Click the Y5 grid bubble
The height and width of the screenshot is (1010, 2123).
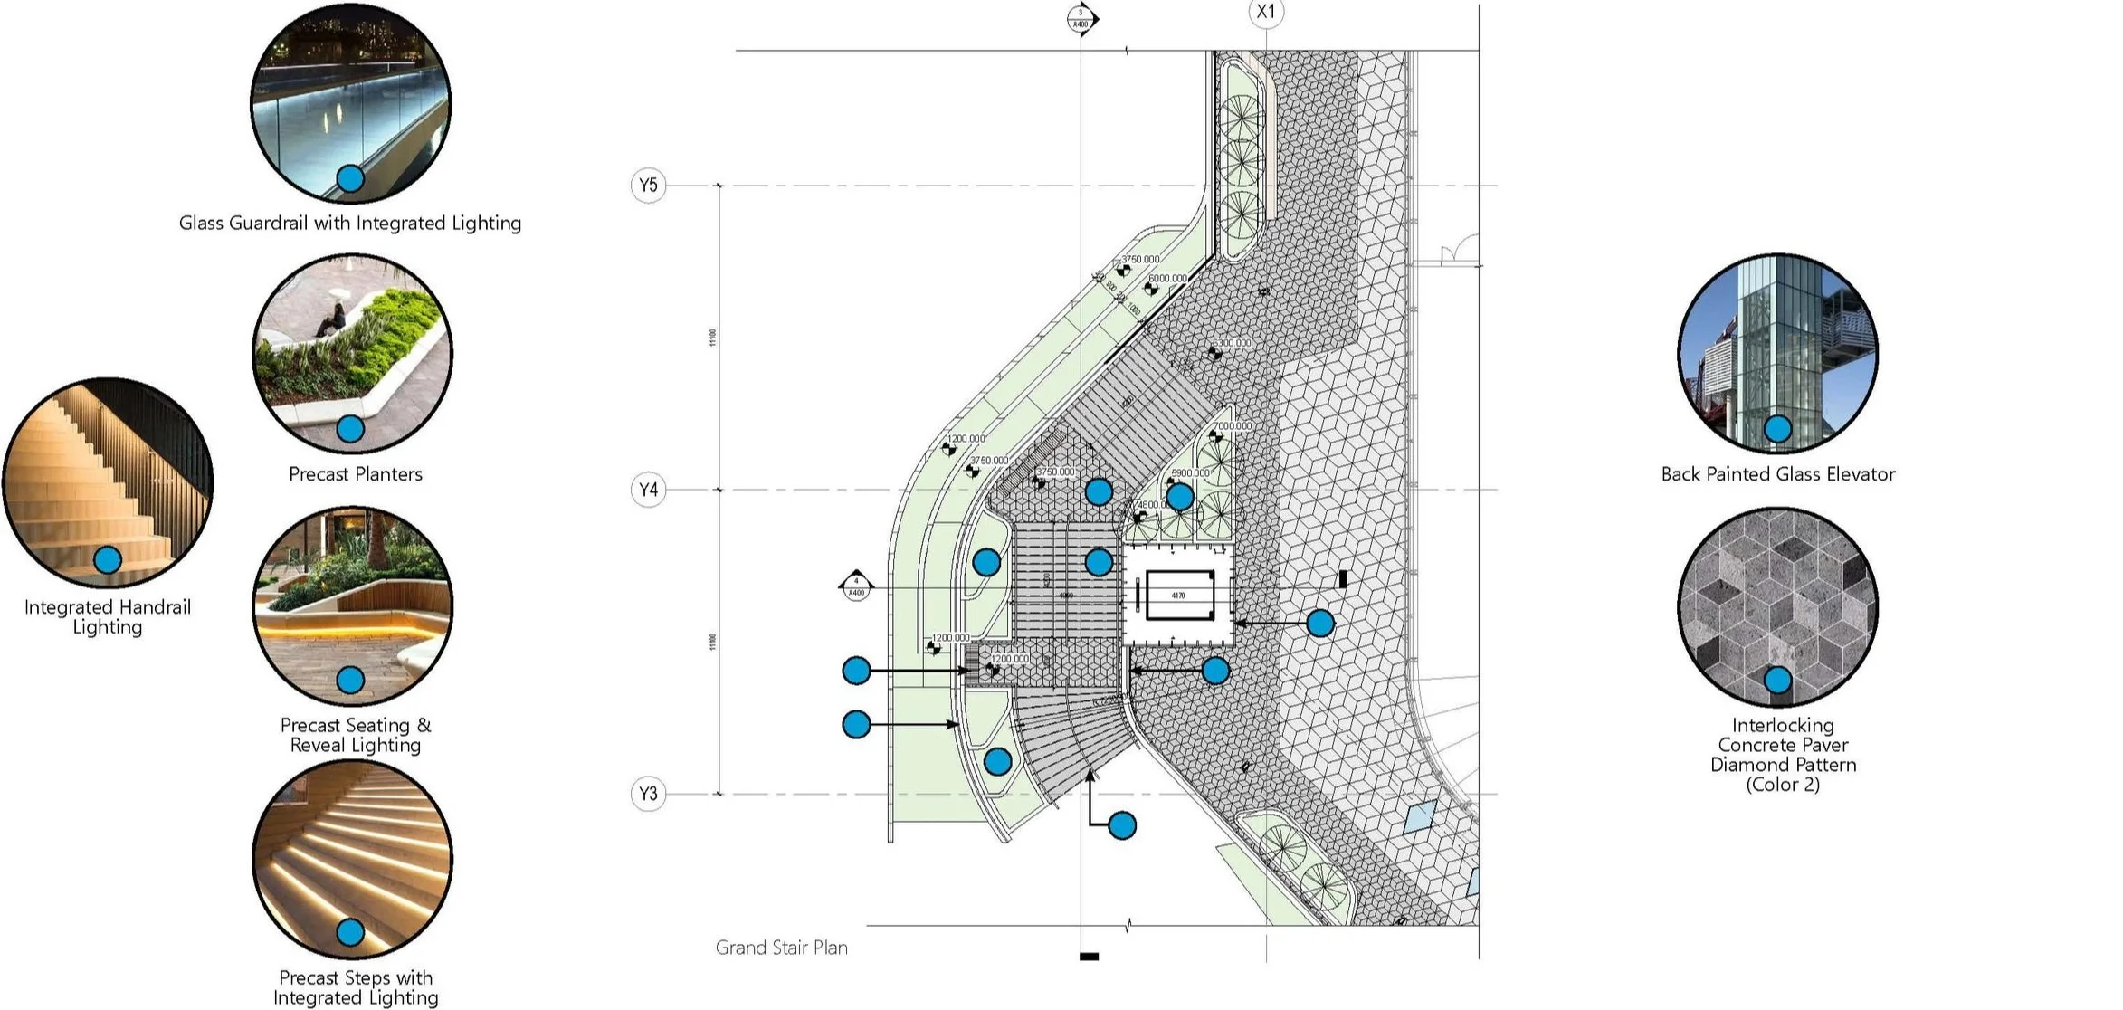point(648,186)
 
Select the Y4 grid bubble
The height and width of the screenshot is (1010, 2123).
point(648,490)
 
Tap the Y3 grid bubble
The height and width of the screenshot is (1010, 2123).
point(648,794)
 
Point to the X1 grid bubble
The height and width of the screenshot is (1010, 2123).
point(1265,13)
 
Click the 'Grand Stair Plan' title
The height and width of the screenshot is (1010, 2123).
point(782,948)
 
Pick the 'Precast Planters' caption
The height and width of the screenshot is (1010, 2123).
point(356,474)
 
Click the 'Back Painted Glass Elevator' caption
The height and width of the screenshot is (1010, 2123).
point(1777,474)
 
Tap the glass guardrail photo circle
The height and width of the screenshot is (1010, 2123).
point(350,102)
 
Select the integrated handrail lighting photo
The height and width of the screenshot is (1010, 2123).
point(108,482)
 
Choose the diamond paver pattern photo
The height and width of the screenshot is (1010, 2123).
point(1777,606)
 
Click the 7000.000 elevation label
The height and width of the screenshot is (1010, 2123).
point(1233,425)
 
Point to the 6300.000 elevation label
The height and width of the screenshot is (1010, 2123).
point(1232,344)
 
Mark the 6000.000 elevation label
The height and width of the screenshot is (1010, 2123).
point(1167,279)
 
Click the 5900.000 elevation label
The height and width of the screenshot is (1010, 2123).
point(1190,473)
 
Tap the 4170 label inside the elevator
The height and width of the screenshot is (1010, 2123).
point(1177,596)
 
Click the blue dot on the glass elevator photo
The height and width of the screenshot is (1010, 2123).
point(1777,429)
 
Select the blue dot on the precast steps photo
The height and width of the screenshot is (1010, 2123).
point(350,932)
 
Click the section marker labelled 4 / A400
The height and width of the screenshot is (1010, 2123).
point(856,586)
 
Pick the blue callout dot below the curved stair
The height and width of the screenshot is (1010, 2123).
point(1122,825)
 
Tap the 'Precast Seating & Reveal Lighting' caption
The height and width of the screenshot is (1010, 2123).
point(356,735)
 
